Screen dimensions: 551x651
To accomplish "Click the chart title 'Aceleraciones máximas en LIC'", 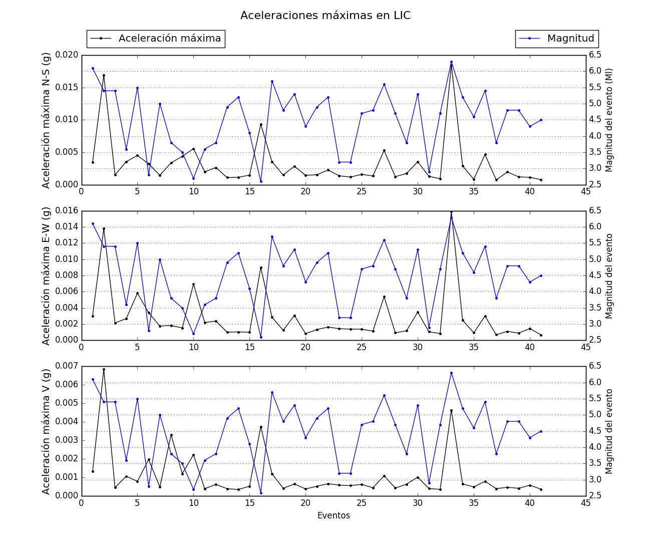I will (325, 16).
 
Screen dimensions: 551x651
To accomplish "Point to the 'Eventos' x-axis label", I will (334, 515).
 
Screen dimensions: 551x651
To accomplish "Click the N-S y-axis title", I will (46, 120).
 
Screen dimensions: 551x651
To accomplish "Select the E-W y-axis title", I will (46, 275).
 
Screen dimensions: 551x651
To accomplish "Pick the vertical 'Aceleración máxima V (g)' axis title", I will (46, 431).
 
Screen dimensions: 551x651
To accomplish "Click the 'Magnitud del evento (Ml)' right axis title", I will (609, 120).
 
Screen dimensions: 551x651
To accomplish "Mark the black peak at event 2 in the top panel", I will (104, 75).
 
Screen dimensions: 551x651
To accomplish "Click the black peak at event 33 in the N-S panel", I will (451, 65).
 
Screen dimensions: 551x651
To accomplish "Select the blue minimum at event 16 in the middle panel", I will (261, 337).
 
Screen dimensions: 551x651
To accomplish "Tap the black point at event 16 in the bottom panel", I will (261, 427).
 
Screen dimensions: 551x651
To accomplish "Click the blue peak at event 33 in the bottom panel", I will (451, 373).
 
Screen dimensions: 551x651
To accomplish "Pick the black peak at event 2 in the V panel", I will (104, 369).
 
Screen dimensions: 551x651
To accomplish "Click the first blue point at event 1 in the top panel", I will (93, 68).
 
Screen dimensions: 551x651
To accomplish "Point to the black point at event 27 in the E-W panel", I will (384, 297).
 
